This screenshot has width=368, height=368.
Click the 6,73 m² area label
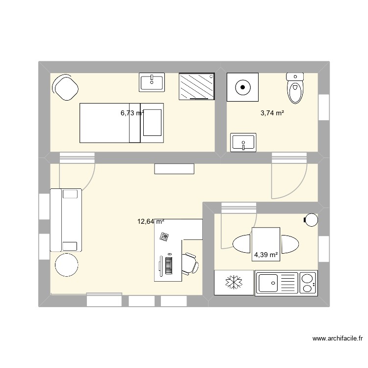(132, 113)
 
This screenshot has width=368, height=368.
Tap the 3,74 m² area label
(272, 113)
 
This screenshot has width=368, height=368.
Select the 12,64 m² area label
(151, 221)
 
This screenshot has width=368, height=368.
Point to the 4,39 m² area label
(265, 255)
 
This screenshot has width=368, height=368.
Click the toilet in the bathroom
(295, 88)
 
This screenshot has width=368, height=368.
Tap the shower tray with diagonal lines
(197, 86)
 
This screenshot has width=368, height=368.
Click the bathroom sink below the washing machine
(242, 143)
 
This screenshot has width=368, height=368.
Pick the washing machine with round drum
(243, 87)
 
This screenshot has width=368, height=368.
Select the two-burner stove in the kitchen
(308, 283)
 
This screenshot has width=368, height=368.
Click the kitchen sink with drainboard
(276, 283)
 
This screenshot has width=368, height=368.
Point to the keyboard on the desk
(169, 265)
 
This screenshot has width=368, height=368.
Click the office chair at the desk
(191, 263)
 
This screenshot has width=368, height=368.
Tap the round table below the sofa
(67, 265)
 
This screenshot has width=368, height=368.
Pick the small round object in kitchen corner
(312, 220)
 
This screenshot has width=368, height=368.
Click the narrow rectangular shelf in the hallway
(174, 169)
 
